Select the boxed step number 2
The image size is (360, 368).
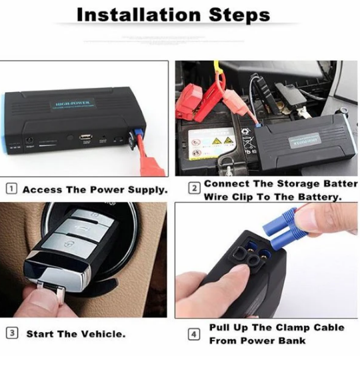pyautogui.click(x=194, y=188)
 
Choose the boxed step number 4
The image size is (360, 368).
pyautogui.click(x=194, y=333)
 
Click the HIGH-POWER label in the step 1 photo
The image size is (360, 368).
pyautogui.click(x=74, y=104)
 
